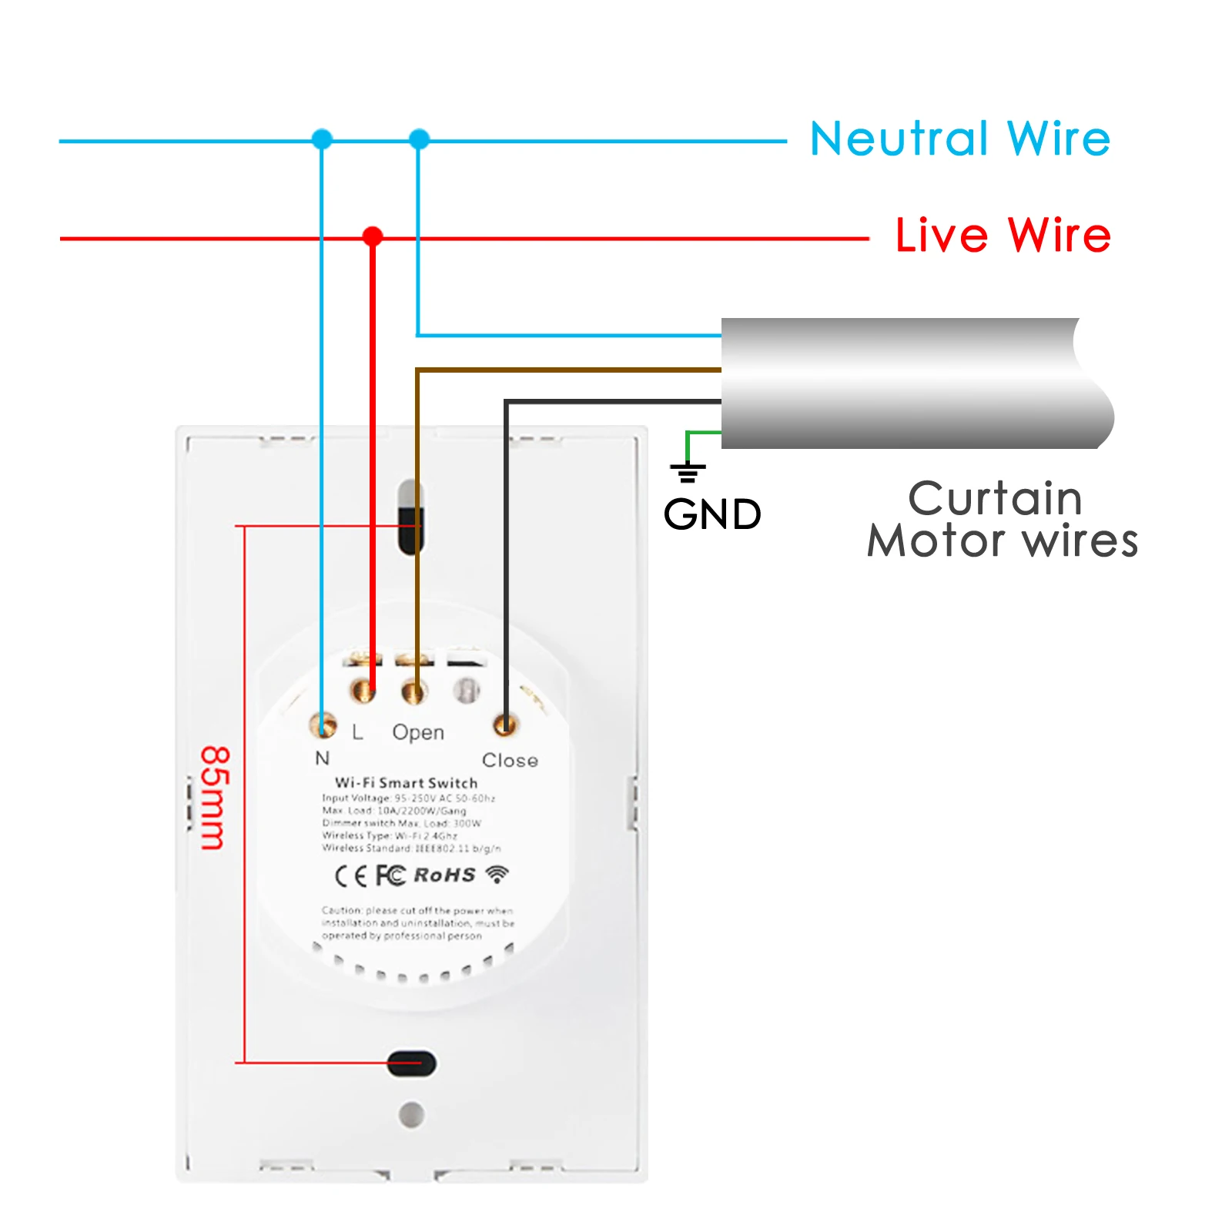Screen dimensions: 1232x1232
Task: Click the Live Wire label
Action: coord(1003,235)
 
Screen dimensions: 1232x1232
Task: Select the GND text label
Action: coord(712,514)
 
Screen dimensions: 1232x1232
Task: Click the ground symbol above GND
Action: coord(688,471)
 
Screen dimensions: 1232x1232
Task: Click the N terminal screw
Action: coord(323,725)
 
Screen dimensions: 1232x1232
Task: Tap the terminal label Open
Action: coord(418,731)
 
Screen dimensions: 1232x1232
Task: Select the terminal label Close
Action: coord(510,760)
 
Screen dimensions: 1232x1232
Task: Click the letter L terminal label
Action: coord(357,731)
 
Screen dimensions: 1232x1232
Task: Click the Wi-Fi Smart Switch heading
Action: coord(406,782)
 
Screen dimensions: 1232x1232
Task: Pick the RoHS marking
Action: coord(444,875)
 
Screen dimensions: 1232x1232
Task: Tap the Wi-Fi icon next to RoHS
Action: coord(497,874)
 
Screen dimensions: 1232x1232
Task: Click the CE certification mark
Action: coord(351,876)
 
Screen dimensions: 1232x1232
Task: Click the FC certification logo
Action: coord(390,875)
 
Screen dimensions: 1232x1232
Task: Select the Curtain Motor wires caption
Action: coord(1001,519)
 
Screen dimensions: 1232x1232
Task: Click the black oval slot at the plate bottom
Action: coord(411,1063)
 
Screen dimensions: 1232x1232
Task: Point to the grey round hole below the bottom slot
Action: coord(411,1114)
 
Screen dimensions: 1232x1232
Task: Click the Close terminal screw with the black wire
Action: coord(505,724)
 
